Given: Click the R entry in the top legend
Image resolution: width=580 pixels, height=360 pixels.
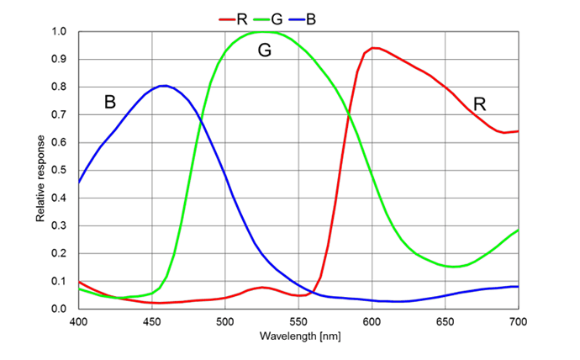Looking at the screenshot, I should tap(240, 17).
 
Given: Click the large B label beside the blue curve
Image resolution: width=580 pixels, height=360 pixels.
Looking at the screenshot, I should tap(109, 103).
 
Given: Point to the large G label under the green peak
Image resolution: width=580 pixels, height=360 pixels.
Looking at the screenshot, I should tap(265, 50).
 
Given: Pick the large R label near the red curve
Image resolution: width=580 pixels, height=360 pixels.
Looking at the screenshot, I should tap(480, 104).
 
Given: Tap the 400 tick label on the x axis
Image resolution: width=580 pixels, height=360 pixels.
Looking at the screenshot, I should tap(78, 321).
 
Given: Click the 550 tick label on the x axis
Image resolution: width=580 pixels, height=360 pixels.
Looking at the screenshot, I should tap(298, 321).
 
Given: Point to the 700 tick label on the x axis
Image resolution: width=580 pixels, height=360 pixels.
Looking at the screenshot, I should tap(518, 321).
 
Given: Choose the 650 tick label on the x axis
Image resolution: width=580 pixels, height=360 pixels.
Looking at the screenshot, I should tap(445, 321).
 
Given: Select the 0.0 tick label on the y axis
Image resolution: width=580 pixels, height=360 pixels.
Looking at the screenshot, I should tap(60, 309).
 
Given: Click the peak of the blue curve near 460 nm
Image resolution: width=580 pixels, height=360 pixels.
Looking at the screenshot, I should tap(165, 86).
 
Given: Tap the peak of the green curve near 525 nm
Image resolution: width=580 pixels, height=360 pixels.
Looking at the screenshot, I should tap(262, 32).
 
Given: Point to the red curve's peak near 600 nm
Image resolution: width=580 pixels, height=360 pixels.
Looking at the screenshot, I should tap(374, 48).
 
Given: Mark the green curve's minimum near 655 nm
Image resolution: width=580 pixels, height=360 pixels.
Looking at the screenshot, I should tap(454, 267).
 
